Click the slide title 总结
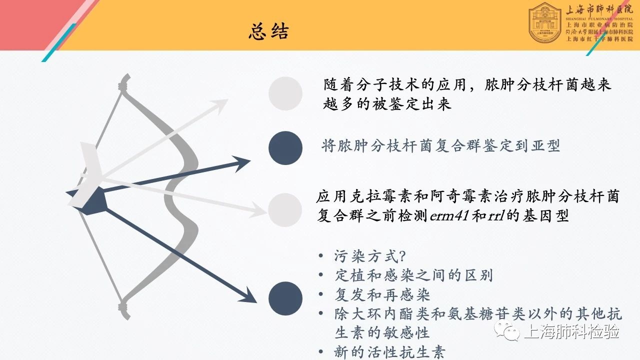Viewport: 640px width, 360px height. [x=268, y=31]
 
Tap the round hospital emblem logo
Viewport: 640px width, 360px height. [x=545, y=22]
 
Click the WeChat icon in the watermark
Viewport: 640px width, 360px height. [x=507, y=331]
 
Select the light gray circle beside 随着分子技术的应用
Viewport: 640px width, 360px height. [x=285, y=93]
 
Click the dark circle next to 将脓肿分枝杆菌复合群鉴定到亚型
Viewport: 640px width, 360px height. [x=285, y=148]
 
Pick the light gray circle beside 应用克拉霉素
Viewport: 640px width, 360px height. [x=285, y=210]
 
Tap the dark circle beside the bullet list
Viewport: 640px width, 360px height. [x=285, y=298]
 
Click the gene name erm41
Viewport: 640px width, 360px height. [x=449, y=215]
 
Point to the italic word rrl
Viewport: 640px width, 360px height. [x=496, y=215]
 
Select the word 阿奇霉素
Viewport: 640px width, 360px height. [x=461, y=196]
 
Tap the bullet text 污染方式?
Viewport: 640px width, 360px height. [x=370, y=256]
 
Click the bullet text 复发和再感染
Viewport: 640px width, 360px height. [x=382, y=294]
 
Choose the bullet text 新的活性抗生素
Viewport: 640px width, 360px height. [x=389, y=352]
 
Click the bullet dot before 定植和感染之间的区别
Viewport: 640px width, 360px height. [x=321, y=275]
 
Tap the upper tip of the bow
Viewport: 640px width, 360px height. [x=126, y=75]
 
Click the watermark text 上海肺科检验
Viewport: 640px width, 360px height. [x=571, y=331]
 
